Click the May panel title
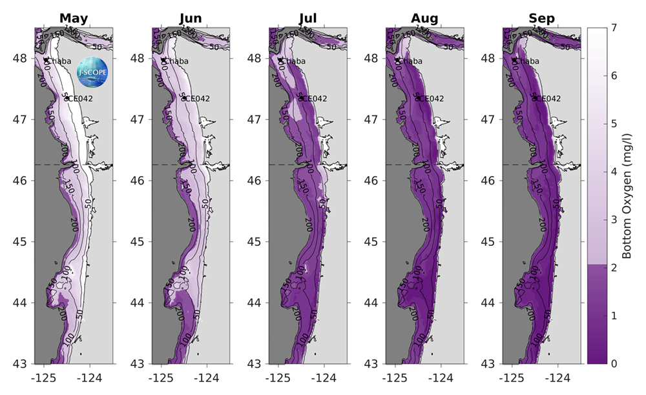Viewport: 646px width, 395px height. [x=74, y=17]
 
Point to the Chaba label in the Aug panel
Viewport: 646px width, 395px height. [x=410, y=61]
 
